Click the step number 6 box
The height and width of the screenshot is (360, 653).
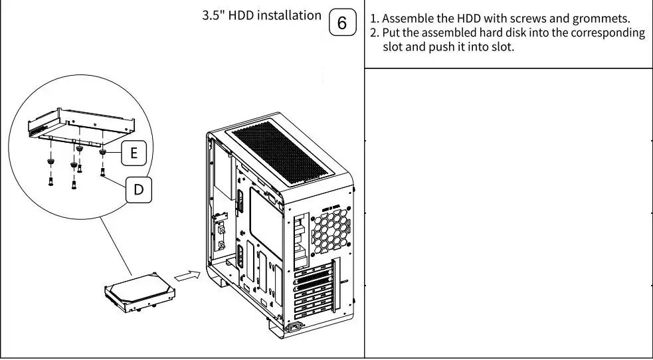342,23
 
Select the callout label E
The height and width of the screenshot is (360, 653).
134,153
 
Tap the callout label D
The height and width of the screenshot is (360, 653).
138,189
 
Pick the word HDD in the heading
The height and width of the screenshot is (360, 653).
241,15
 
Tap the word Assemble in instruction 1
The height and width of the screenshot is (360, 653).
405,18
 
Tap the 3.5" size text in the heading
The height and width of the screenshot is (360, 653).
213,15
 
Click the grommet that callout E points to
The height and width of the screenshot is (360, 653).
103,152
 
